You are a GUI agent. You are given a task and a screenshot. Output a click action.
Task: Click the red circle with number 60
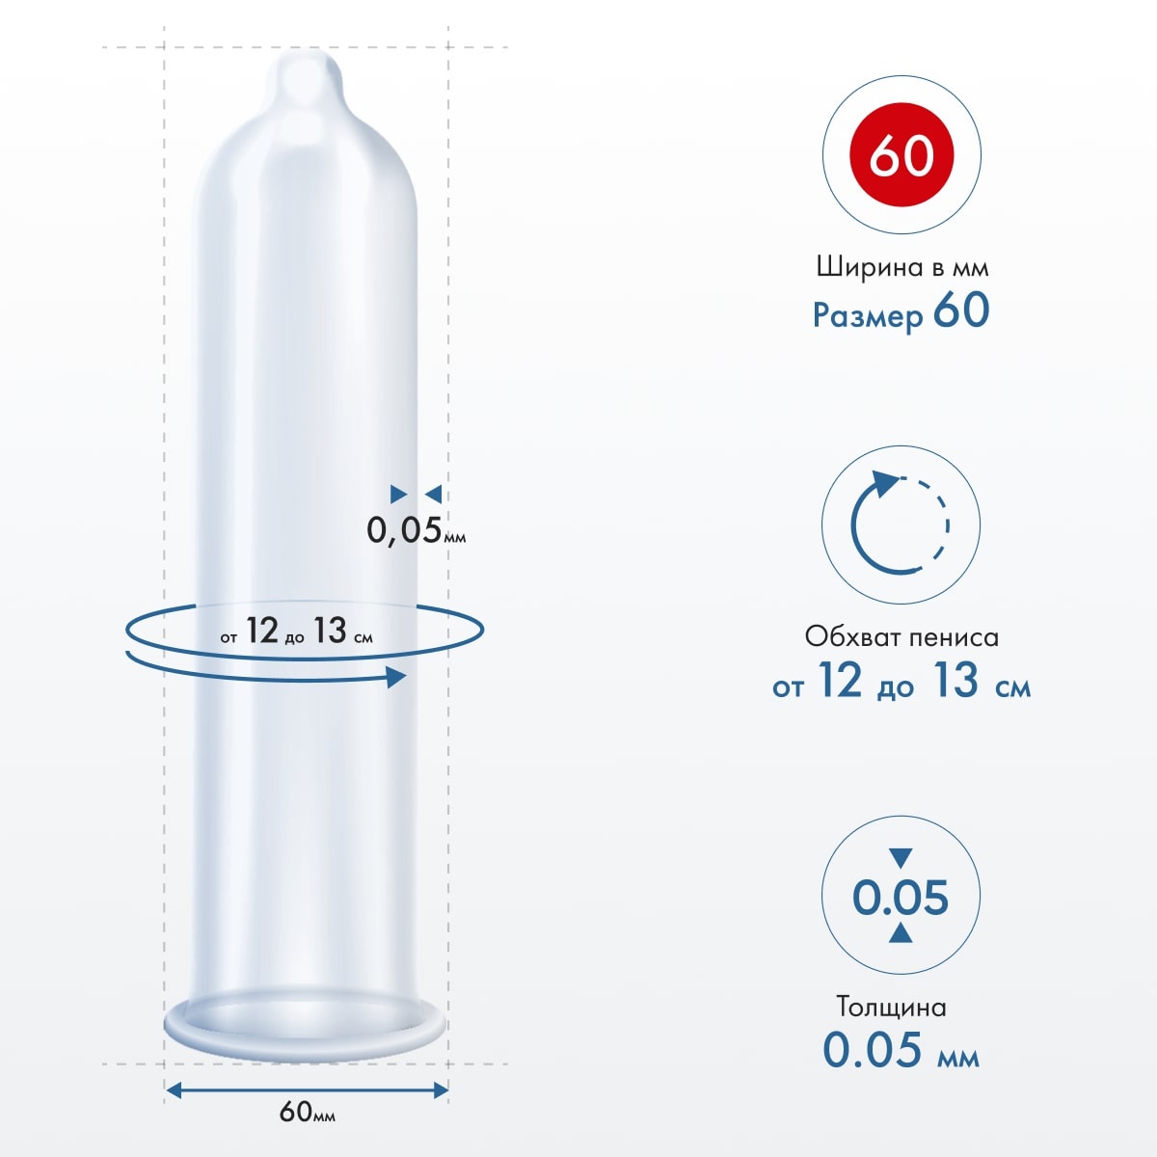(x=901, y=155)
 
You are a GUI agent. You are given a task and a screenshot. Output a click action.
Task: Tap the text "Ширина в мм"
(x=901, y=267)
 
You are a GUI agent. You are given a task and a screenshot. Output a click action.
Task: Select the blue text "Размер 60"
(x=901, y=312)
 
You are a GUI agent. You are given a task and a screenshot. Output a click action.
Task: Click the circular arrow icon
(x=900, y=523)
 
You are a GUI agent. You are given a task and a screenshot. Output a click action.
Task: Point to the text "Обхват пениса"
(x=901, y=636)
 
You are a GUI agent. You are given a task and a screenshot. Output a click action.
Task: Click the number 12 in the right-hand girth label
(x=839, y=681)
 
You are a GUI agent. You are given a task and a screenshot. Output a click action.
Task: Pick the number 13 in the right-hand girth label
(x=955, y=681)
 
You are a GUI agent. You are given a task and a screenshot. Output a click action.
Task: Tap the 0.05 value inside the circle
(x=901, y=898)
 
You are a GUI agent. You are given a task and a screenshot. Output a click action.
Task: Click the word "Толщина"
(x=891, y=1007)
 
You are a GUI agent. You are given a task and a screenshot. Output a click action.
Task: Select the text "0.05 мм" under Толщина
(x=901, y=1050)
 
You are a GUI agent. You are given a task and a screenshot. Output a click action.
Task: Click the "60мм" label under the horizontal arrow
(x=307, y=1112)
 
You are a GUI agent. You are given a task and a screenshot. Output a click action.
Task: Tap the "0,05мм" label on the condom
(x=416, y=529)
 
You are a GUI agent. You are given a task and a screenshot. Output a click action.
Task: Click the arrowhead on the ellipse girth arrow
(x=395, y=677)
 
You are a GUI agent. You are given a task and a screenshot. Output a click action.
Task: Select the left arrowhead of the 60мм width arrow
(x=174, y=1090)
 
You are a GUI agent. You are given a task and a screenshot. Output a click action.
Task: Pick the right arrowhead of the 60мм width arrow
(x=441, y=1090)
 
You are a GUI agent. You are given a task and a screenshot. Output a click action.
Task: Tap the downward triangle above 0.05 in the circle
(x=901, y=856)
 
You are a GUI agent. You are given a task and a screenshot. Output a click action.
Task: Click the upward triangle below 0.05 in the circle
(x=901, y=931)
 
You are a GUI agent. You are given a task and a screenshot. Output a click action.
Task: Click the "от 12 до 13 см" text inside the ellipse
(x=296, y=632)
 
